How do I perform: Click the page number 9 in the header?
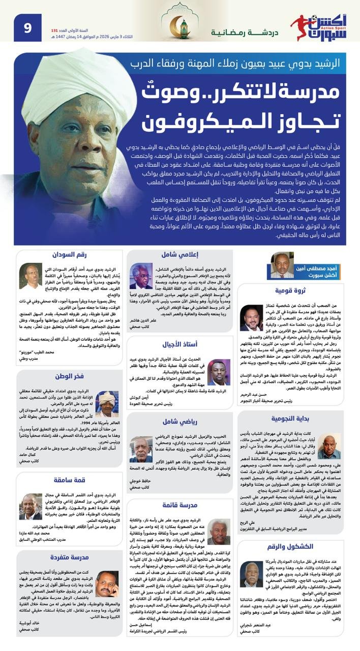click(27, 27)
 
